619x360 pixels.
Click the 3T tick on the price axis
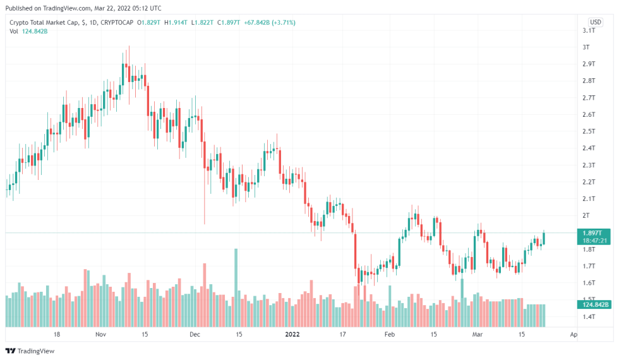point(587,47)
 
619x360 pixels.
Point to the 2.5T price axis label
point(590,131)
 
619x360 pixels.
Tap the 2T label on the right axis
point(587,215)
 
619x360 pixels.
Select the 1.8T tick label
point(590,249)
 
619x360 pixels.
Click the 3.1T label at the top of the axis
point(590,30)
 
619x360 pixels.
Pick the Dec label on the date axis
point(195,334)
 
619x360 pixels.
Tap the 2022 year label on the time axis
point(292,334)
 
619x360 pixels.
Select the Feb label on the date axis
point(390,334)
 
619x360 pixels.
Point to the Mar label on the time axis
point(478,334)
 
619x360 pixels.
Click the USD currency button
point(595,21)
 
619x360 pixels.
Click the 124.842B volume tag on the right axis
point(595,305)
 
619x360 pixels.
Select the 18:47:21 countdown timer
point(595,241)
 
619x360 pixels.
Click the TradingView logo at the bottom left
point(30,351)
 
